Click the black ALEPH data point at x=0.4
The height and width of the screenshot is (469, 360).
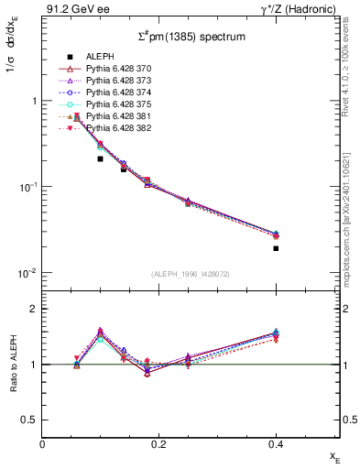click(276, 248)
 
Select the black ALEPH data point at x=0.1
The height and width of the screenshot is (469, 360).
click(100, 158)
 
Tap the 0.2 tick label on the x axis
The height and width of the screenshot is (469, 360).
click(158, 443)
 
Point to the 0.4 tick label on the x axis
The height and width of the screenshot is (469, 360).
click(276, 443)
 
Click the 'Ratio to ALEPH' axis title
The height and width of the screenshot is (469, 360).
click(13, 365)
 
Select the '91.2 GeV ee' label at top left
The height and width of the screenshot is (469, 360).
click(70, 10)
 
